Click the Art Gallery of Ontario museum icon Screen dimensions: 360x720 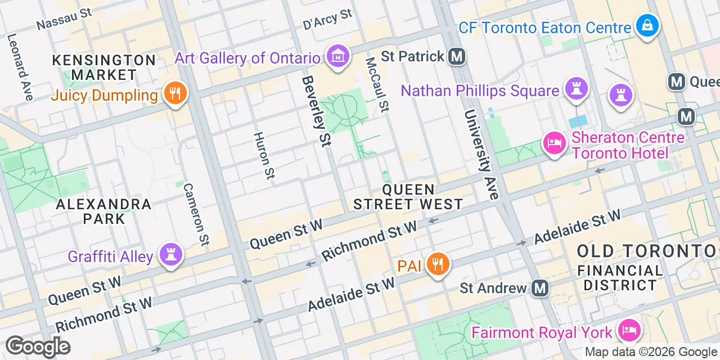tap(337, 56)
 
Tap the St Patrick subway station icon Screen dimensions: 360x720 tap(457, 56)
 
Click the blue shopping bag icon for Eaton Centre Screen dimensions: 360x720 tap(647, 25)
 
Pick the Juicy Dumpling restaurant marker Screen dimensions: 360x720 tap(175, 93)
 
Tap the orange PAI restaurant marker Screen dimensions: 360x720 tap(437, 263)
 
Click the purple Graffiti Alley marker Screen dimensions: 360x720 tap(170, 255)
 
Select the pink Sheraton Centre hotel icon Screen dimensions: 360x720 tap(554, 143)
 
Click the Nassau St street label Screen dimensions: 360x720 tap(64, 19)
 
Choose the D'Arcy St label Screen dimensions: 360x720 tap(327, 20)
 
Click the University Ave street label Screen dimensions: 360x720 tap(482, 155)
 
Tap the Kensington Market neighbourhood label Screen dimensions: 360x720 tap(105, 67)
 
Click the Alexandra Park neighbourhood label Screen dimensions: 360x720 tap(104, 211)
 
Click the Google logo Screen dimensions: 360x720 tap(38, 346)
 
